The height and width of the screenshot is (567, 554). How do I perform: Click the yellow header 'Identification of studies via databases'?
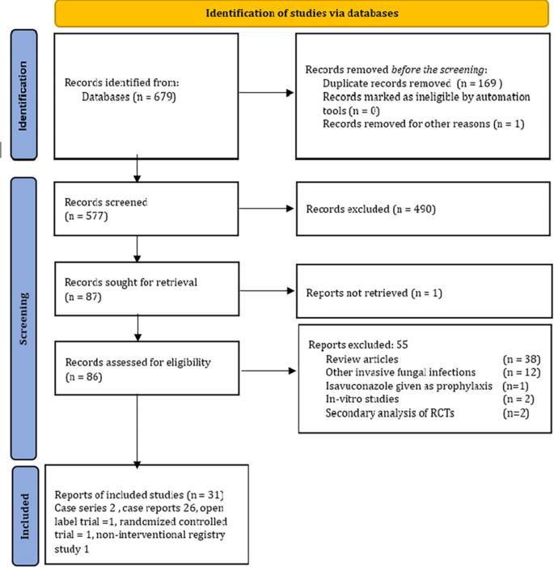tap(301, 14)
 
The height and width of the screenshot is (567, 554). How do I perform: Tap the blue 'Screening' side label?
tap(26, 319)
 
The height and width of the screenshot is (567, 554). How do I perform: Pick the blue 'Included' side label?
tap(26, 514)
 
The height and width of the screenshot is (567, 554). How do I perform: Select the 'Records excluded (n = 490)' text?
tap(371, 209)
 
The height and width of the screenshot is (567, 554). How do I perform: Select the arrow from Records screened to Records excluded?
tap(267, 210)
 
